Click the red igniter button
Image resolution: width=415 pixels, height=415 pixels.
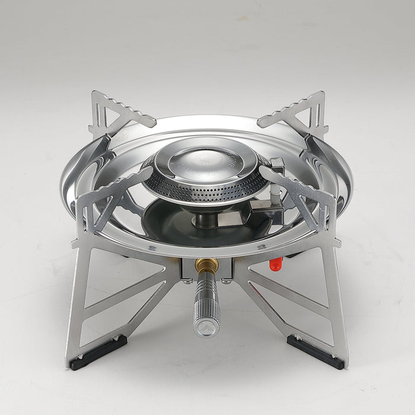tap(275, 264)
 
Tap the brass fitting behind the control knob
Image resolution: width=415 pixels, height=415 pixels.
tap(206, 266)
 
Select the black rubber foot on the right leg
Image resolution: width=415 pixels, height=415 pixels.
tap(317, 352)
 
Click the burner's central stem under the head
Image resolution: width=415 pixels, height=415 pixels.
tap(205, 220)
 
